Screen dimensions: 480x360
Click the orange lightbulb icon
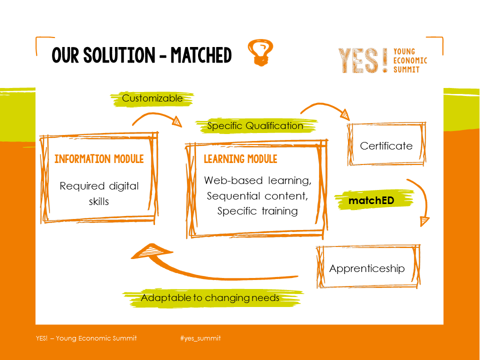tap(260, 52)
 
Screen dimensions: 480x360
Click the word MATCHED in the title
tap(201, 55)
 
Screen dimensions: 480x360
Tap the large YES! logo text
tap(363, 60)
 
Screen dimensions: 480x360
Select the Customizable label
tap(152, 98)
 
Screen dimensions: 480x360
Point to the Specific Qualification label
tap(255, 125)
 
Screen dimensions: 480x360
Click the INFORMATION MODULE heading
tap(99, 159)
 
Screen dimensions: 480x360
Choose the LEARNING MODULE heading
tap(240, 159)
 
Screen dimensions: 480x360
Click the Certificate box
tap(386, 144)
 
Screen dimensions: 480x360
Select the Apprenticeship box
tap(368, 266)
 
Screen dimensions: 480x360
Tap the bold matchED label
tap(371, 200)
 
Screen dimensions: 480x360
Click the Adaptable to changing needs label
tap(210, 297)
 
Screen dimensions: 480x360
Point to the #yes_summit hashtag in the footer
tap(200, 338)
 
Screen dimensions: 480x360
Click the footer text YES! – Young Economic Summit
tap(86, 338)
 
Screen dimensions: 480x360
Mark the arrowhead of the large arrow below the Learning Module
tap(150, 251)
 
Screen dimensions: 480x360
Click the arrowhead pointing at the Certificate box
tap(345, 114)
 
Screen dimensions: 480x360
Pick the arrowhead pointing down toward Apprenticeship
tap(424, 221)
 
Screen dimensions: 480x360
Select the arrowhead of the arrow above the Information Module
tap(177, 121)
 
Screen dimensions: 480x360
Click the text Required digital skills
tap(99, 193)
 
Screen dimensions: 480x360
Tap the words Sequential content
tap(257, 195)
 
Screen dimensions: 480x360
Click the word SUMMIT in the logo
tap(406, 70)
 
